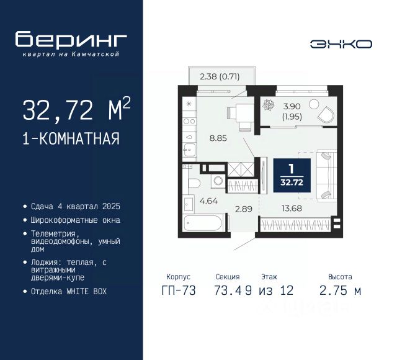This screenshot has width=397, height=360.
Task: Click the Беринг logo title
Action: pyautogui.click(x=71, y=39)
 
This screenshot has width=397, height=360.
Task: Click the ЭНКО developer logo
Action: pyautogui.click(x=341, y=43)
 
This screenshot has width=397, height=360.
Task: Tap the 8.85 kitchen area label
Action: pyautogui.click(x=217, y=138)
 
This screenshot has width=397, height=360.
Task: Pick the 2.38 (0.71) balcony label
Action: pyautogui.click(x=219, y=77)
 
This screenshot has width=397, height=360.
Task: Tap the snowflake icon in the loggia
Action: pyautogui.click(x=269, y=105)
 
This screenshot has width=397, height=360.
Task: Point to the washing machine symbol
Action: pyautogui.click(x=219, y=181)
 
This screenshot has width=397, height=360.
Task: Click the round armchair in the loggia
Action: pyautogui.click(x=326, y=114)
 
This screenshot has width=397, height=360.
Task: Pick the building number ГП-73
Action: pyautogui.click(x=178, y=290)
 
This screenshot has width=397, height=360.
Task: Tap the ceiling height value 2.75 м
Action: pyautogui.click(x=341, y=290)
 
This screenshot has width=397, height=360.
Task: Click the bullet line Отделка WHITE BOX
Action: pyautogui.click(x=69, y=291)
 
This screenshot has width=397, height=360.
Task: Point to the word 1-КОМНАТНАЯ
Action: pyautogui.click(x=71, y=138)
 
